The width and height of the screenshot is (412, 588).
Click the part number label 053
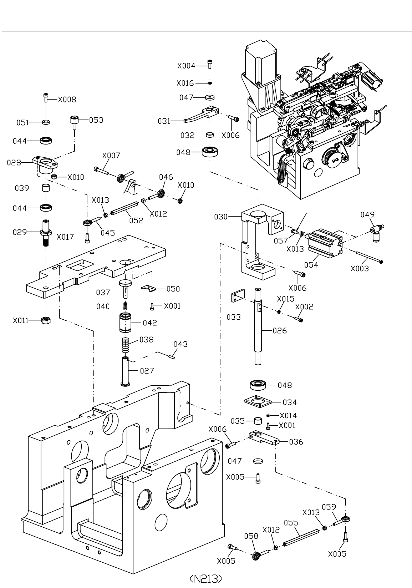[96, 120]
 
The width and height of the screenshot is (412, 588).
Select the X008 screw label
[67, 100]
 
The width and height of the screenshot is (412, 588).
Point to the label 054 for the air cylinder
[311, 265]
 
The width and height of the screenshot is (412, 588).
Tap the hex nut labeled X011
[46, 320]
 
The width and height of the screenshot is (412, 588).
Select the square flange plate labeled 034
[258, 402]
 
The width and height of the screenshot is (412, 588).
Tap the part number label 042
[150, 323]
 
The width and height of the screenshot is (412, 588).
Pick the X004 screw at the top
[210, 64]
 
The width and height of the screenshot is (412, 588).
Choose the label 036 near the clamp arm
[296, 442]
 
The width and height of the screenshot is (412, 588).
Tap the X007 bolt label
[111, 156]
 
